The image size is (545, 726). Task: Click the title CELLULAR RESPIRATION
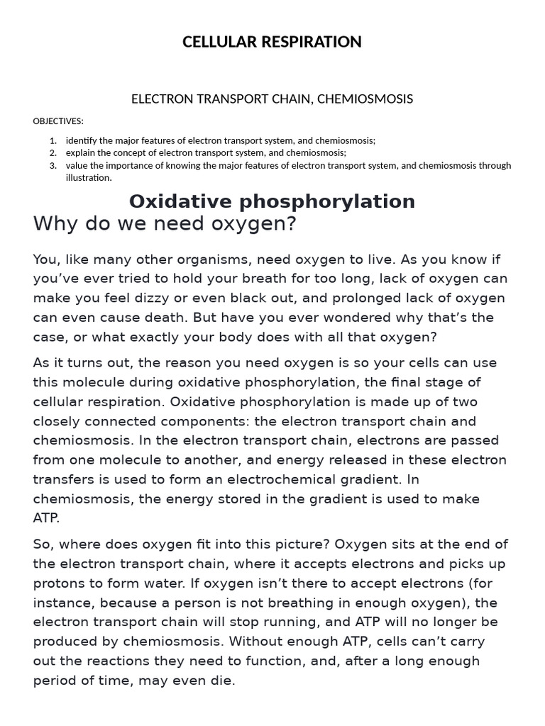pos(272,42)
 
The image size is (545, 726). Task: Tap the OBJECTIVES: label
pos(58,121)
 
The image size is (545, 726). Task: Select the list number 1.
pos(53,140)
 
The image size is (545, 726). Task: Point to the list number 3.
pos(53,166)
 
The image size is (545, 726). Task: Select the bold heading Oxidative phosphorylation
pos(272,201)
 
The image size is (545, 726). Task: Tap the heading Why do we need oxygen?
pos(164,224)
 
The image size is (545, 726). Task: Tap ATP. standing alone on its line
pos(47,518)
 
